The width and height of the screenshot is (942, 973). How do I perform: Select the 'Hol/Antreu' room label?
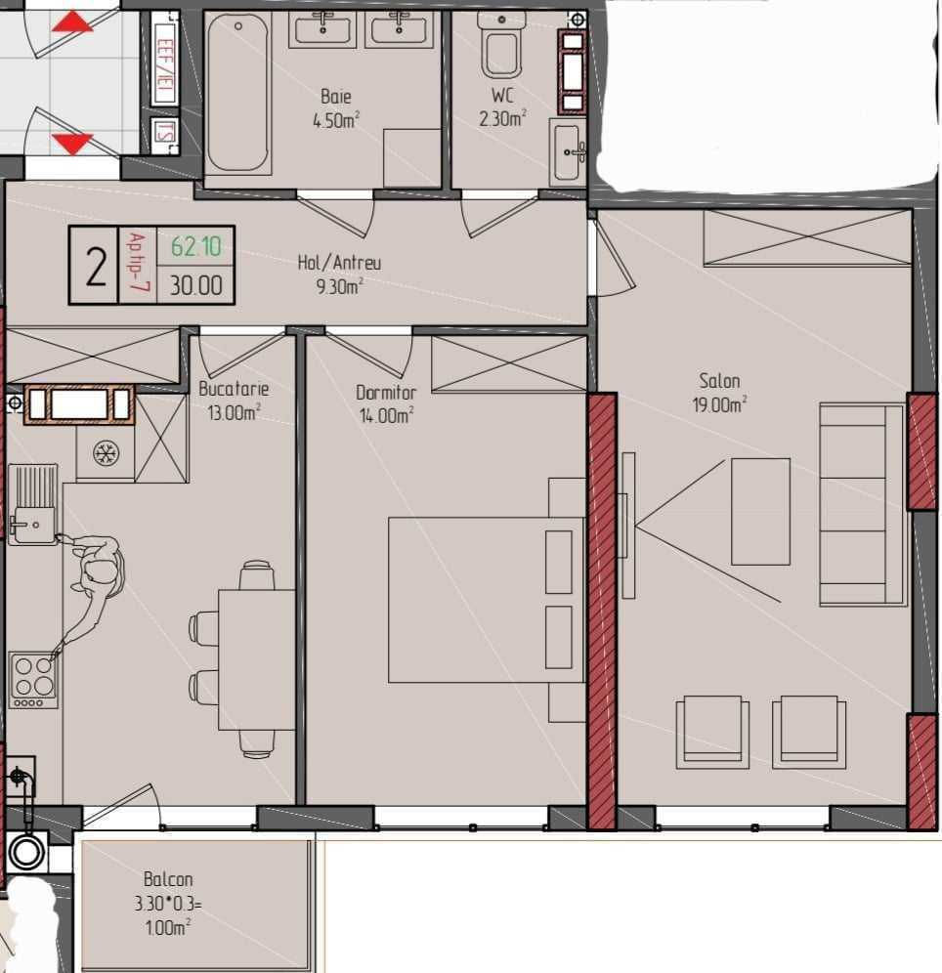tap(339, 263)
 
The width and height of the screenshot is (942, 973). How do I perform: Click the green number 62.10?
tap(195, 246)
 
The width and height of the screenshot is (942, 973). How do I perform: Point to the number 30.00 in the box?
tap(195, 285)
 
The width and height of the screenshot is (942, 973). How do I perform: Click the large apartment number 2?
tap(96, 266)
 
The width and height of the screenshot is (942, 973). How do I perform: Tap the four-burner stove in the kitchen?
tap(33, 680)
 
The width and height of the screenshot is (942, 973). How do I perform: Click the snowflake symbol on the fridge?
tap(106, 453)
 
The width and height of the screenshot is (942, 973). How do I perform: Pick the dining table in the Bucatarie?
tap(257, 659)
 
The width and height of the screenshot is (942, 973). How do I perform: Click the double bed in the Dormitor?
tap(486, 600)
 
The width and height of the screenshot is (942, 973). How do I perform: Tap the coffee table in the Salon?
tap(760, 512)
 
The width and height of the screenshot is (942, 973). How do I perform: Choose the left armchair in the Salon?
tap(712, 733)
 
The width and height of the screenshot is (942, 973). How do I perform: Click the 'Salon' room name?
tap(719, 380)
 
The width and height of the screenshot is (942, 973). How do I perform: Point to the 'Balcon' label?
tap(167, 879)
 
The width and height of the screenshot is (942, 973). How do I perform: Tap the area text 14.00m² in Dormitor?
tap(387, 415)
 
